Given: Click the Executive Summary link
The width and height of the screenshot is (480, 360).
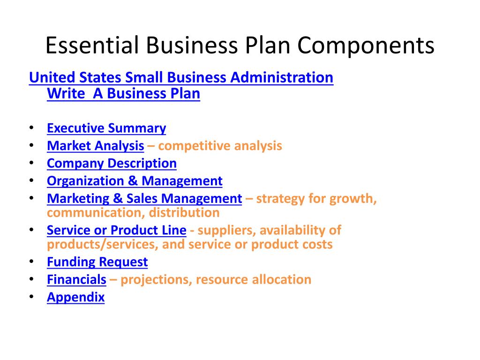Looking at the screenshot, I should tap(106, 128).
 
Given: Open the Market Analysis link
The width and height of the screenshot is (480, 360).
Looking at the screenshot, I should tap(95, 146).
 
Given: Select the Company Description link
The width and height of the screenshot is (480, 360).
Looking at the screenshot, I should tap(112, 163).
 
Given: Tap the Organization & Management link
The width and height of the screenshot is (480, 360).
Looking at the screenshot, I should tap(135, 181).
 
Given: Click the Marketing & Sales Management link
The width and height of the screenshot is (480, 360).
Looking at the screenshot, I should tap(144, 198).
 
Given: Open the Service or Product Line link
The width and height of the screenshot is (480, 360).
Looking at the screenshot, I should tap(117, 230).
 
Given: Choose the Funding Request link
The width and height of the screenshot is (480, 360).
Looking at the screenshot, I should tap(97, 262).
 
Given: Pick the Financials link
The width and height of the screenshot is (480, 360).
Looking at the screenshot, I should tap(76, 280).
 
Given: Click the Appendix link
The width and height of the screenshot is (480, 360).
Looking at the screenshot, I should tap(75, 297).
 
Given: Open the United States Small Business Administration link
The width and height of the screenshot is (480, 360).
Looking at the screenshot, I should tap(181, 77).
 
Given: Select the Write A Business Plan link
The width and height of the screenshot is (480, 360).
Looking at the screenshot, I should tap(123, 94).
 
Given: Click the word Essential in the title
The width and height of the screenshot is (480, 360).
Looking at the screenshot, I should tap(90, 45).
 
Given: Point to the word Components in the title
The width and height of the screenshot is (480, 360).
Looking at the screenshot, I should tap(366, 45).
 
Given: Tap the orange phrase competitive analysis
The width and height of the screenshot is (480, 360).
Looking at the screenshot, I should tap(220, 146).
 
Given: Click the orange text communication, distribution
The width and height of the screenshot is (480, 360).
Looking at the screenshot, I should tap(133, 213).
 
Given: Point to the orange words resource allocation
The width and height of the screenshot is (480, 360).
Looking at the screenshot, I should tap(254, 280).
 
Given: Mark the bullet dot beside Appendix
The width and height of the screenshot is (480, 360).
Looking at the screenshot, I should tap(31, 297).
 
